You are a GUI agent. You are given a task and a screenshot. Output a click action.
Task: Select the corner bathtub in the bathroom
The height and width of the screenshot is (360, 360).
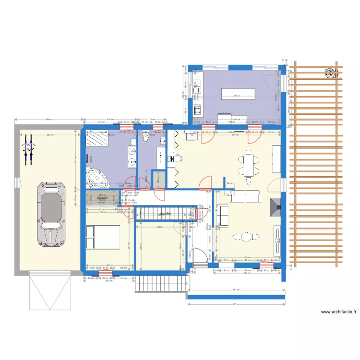98,177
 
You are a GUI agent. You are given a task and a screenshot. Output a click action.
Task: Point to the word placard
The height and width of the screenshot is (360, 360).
102,197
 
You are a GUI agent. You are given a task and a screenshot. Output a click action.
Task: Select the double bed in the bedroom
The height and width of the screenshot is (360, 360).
103,237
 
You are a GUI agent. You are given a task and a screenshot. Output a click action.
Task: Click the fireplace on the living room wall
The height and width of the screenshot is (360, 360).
276,206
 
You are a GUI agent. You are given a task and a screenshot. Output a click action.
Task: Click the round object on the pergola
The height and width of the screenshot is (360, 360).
331,73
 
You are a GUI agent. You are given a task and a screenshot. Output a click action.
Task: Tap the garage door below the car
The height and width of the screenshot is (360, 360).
50,292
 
